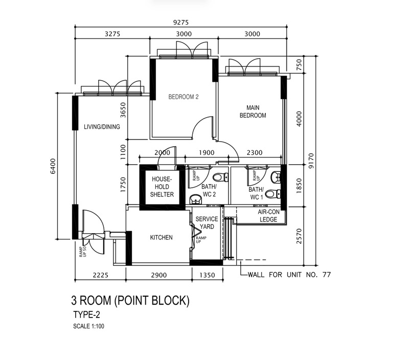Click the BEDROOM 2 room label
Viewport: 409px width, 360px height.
point(184,97)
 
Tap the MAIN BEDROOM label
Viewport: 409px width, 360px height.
point(253,111)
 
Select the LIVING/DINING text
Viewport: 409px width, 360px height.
point(102,127)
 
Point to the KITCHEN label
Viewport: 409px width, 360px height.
point(161,237)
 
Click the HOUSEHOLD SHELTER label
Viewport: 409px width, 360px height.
point(162,187)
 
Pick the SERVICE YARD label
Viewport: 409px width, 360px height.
point(207,223)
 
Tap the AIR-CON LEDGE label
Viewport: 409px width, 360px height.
point(268,216)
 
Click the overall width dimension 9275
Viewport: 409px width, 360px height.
point(181,22)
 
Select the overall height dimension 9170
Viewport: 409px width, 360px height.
point(311,161)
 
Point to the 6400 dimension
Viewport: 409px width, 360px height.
point(53,166)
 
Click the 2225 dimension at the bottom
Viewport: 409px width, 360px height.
point(100,275)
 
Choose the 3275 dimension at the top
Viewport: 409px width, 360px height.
point(112,34)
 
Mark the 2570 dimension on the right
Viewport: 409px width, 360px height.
point(299,236)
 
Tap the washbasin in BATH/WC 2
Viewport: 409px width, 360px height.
point(195,199)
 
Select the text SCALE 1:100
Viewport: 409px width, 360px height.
point(88,326)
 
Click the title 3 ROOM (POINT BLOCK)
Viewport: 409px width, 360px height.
point(130,301)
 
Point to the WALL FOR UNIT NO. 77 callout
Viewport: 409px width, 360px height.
point(289,275)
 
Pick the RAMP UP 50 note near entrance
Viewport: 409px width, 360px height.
point(83,252)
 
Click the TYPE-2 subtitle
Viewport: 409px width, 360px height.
point(86,314)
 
